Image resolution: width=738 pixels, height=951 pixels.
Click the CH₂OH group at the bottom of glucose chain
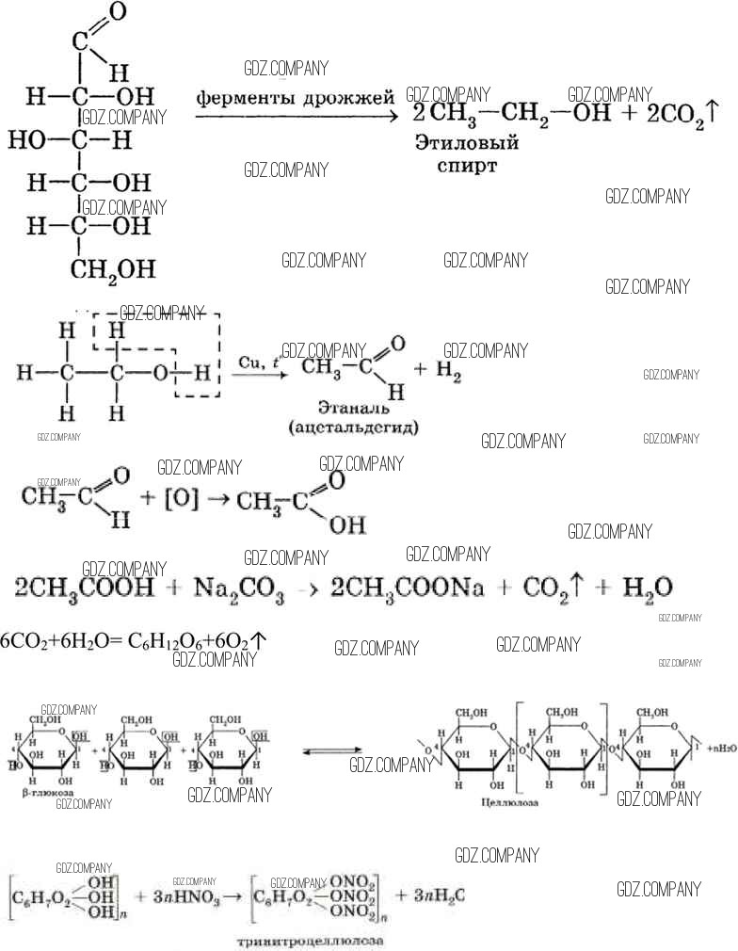(x=113, y=269)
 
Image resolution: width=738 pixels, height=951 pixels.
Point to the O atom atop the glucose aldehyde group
(x=117, y=12)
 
